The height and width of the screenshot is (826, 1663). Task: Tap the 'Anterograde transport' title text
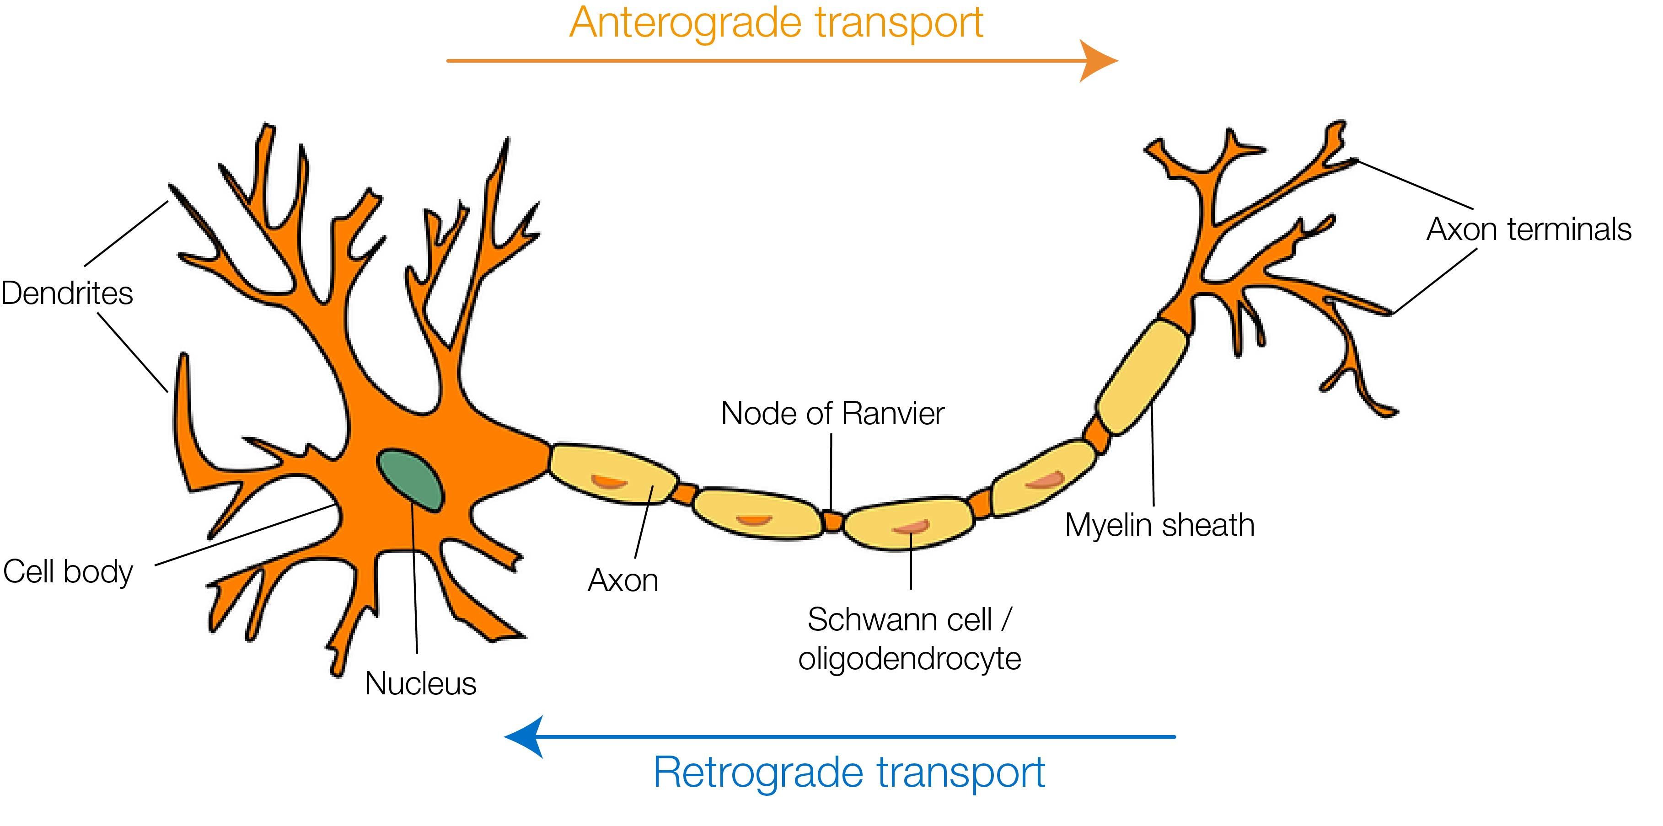coord(776,23)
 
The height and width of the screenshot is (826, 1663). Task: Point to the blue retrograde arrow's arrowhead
coord(523,736)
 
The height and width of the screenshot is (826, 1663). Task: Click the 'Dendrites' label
coord(67,293)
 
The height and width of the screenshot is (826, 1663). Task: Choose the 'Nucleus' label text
coord(420,683)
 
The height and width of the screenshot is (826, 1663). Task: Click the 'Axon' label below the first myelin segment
coord(623,581)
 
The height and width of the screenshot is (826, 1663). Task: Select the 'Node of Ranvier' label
coord(832,414)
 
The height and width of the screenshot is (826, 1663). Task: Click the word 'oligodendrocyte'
coord(910,659)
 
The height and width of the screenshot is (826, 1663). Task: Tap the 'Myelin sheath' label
coord(1159,525)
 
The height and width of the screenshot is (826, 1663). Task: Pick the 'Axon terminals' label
coord(1529,230)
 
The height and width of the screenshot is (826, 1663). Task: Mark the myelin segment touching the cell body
coord(610,474)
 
